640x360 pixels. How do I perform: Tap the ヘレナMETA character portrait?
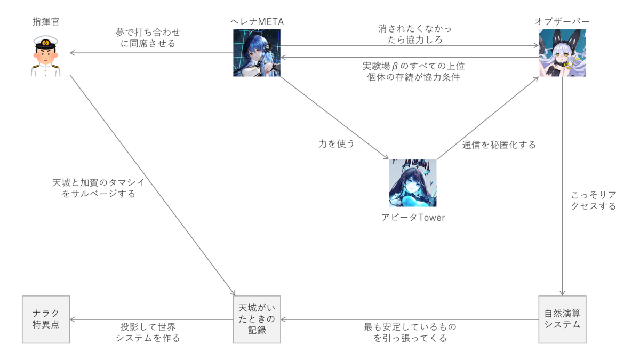pos(257,53)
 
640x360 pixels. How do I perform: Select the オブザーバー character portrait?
pos(562,53)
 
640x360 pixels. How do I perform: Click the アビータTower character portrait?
pos(413,182)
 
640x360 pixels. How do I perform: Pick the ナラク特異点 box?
pos(46,319)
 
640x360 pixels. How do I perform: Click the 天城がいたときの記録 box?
pos(257,319)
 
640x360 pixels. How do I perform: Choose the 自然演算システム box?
pos(562,319)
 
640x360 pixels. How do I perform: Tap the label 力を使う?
pos(337,143)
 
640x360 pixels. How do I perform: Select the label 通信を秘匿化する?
pos(499,145)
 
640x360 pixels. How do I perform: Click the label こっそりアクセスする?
pos(593,200)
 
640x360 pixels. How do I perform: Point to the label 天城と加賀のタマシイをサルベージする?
pos(98,188)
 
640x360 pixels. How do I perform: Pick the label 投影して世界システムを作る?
pos(148,332)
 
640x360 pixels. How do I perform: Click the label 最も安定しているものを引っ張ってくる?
pos(410,332)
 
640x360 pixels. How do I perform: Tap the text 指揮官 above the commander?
pos(46,22)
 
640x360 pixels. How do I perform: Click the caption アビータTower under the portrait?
pos(413,218)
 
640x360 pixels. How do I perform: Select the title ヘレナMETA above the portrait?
pos(257,21)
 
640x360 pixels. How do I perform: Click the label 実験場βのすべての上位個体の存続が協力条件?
pos(413,71)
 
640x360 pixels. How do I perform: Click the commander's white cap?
pos(46,42)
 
